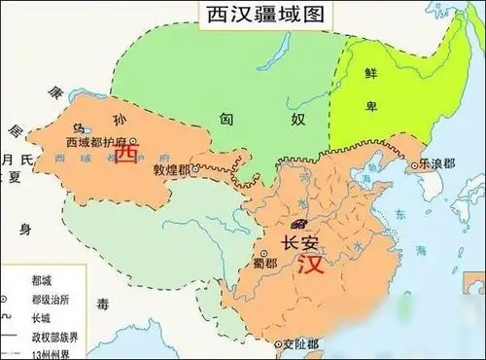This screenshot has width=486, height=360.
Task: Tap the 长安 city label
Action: [298, 242]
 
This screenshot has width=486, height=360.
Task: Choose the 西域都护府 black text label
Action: [98, 142]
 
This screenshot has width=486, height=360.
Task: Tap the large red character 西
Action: [126, 156]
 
